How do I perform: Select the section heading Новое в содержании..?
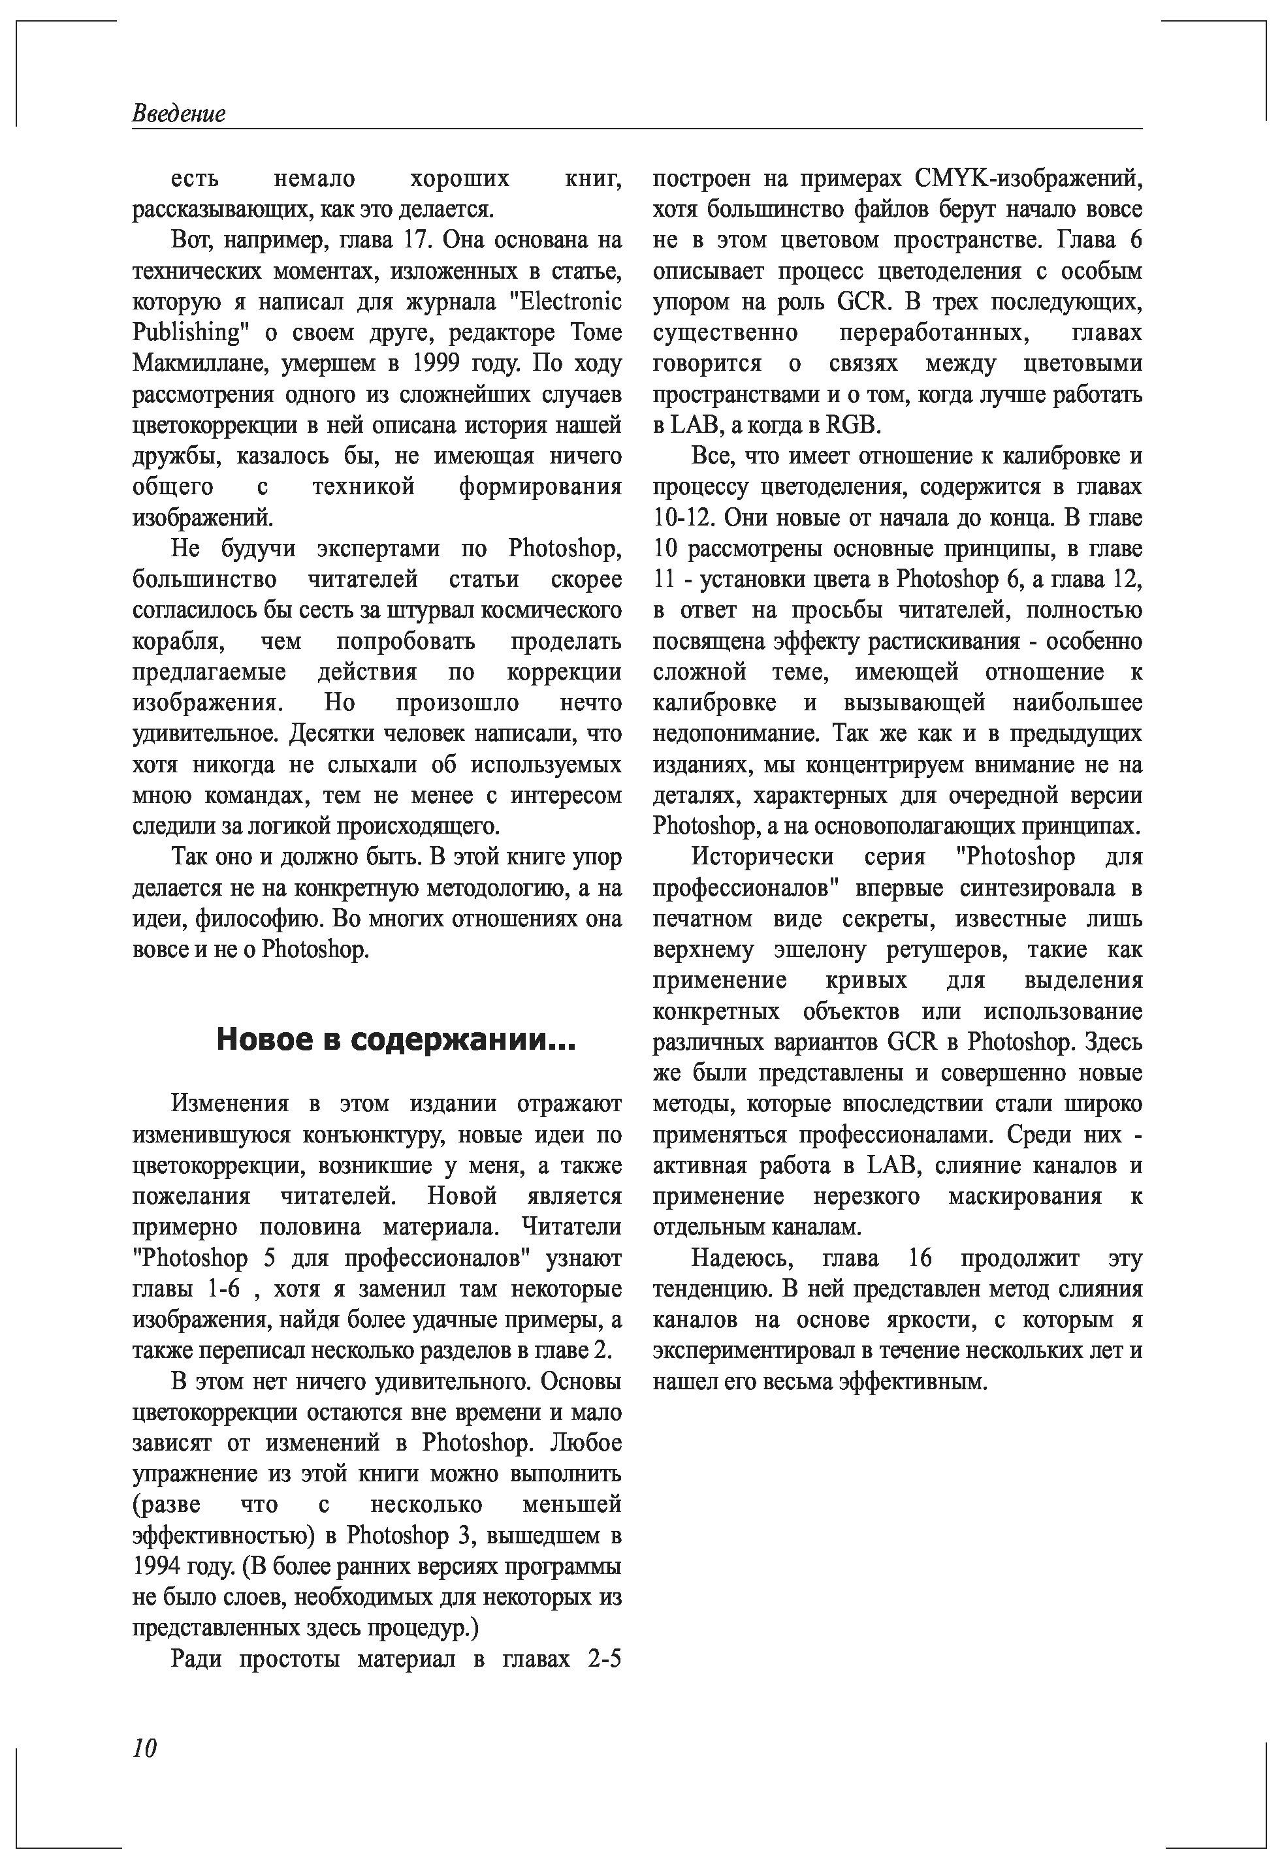pos(395,1041)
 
